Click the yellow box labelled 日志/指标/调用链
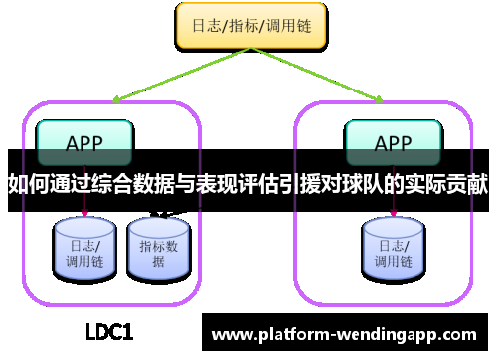coord(249,26)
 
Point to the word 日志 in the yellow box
coord(205,26)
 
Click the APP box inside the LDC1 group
coord(83,141)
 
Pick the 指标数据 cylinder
coord(158,247)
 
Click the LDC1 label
coord(108,331)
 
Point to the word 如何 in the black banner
coord(26,184)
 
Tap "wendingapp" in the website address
coord(387,334)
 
